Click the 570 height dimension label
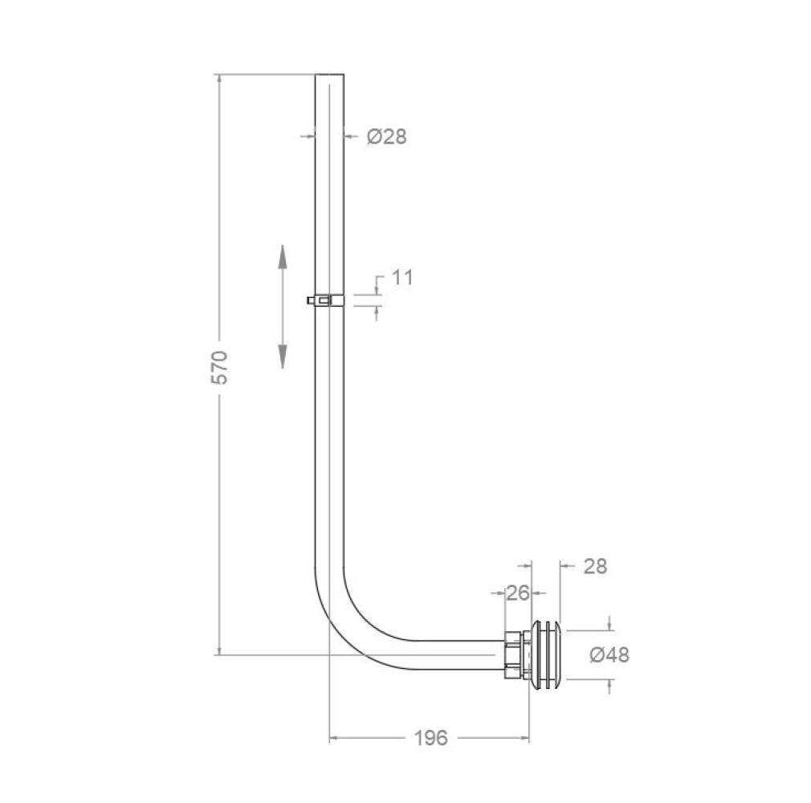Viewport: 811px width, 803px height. pyautogui.click(x=221, y=367)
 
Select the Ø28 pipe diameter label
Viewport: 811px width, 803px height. pyautogui.click(x=387, y=137)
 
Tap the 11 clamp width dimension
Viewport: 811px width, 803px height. pyautogui.click(x=401, y=277)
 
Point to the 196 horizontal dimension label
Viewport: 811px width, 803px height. pyautogui.click(x=431, y=738)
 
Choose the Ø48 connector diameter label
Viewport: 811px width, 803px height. pyautogui.click(x=609, y=655)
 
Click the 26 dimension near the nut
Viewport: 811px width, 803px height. pyautogui.click(x=518, y=593)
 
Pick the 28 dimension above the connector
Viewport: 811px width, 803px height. pyautogui.click(x=595, y=566)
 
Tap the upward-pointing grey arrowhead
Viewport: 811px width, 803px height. pyautogui.click(x=283, y=256)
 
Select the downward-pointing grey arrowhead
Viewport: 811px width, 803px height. pyautogui.click(x=283, y=357)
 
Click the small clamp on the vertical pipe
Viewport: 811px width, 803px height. pyautogui.click(x=326, y=300)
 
